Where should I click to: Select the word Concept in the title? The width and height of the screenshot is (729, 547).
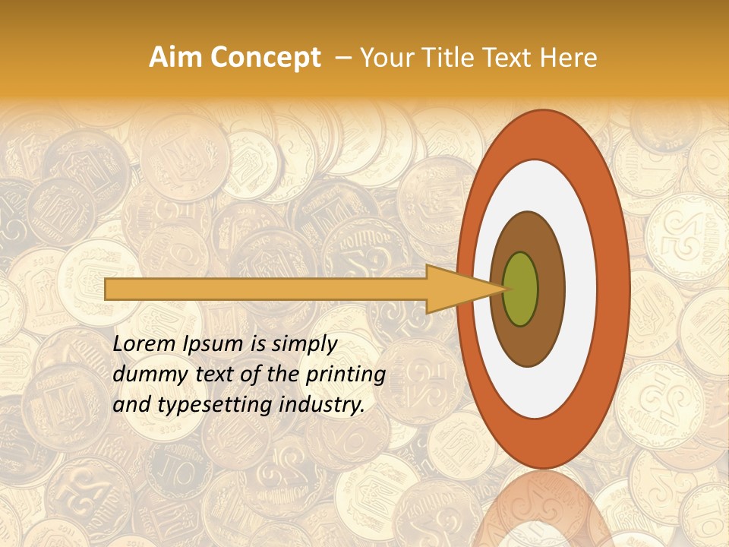tap(265, 58)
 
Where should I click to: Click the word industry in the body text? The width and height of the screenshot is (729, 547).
tap(323, 405)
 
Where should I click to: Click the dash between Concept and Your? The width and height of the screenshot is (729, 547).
tap(344, 58)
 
